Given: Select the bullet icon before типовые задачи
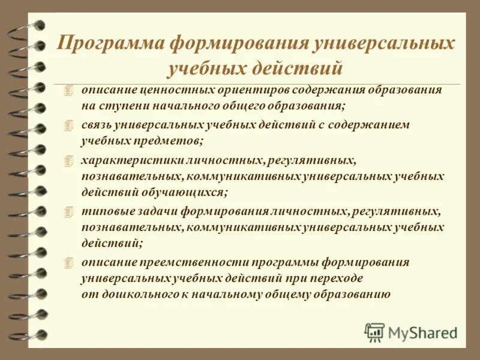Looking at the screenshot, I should pos(69,212).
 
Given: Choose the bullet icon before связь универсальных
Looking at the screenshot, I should pos(69,125).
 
